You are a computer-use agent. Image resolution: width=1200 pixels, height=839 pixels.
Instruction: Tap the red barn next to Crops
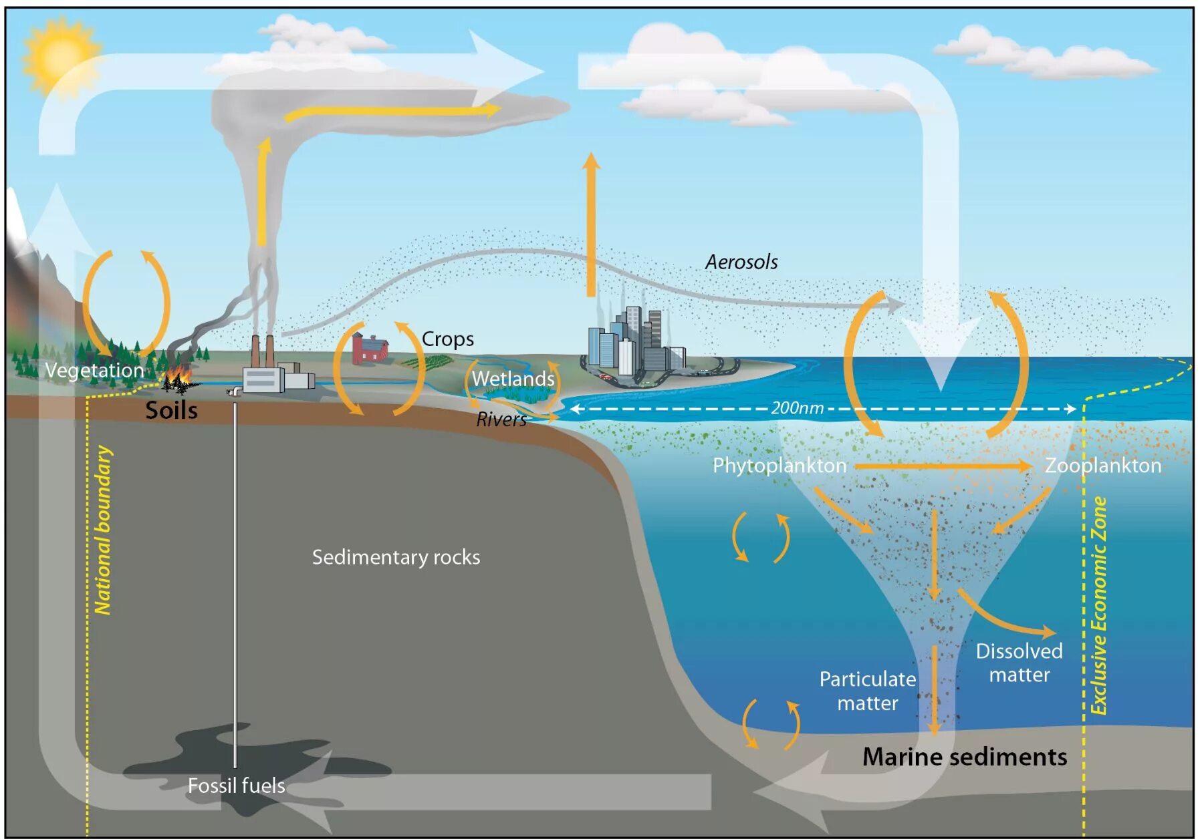(370, 347)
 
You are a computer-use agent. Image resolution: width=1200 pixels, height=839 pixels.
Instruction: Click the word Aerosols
(741, 262)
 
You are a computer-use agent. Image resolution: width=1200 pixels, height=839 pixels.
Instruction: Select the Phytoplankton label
(779, 466)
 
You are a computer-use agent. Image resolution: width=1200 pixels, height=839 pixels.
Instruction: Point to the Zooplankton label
(1103, 466)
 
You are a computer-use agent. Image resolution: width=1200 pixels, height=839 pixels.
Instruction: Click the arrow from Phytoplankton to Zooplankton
(943, 466)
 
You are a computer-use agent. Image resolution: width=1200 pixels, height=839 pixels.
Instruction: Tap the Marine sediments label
(964, 757)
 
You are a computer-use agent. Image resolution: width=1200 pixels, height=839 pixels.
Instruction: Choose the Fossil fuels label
(236, 786)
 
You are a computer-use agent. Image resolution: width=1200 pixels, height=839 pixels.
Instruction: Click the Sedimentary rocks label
(396, 557)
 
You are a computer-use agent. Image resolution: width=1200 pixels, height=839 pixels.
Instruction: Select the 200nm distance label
(797, 408)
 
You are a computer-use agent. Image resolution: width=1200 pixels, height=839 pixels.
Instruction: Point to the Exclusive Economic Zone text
(1099, 605)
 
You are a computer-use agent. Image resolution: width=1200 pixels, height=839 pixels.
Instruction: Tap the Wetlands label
(513, 379)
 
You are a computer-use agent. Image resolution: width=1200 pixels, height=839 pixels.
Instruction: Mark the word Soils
(171, 410)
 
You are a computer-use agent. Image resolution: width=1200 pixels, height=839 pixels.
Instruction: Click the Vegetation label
(94, 370)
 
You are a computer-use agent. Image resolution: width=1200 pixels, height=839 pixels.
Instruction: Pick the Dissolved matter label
(1019, 663)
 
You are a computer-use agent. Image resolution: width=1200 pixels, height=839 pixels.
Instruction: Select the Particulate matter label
(867, 691)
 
